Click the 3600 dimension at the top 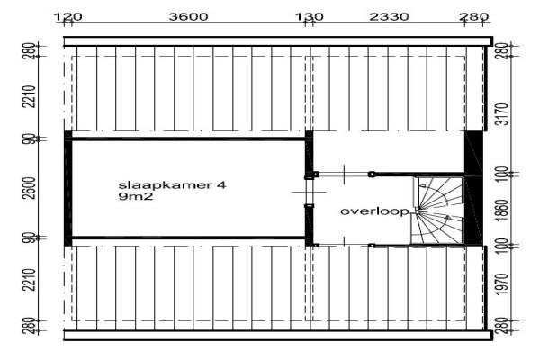pos(188,16)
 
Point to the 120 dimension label pos(69,16)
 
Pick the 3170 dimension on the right pos(504,115)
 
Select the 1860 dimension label pos(504,209)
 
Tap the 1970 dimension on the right pos(504,285)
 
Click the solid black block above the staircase pos(472,153)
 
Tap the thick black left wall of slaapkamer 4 pos(67,188)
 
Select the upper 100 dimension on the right pos(504,172)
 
